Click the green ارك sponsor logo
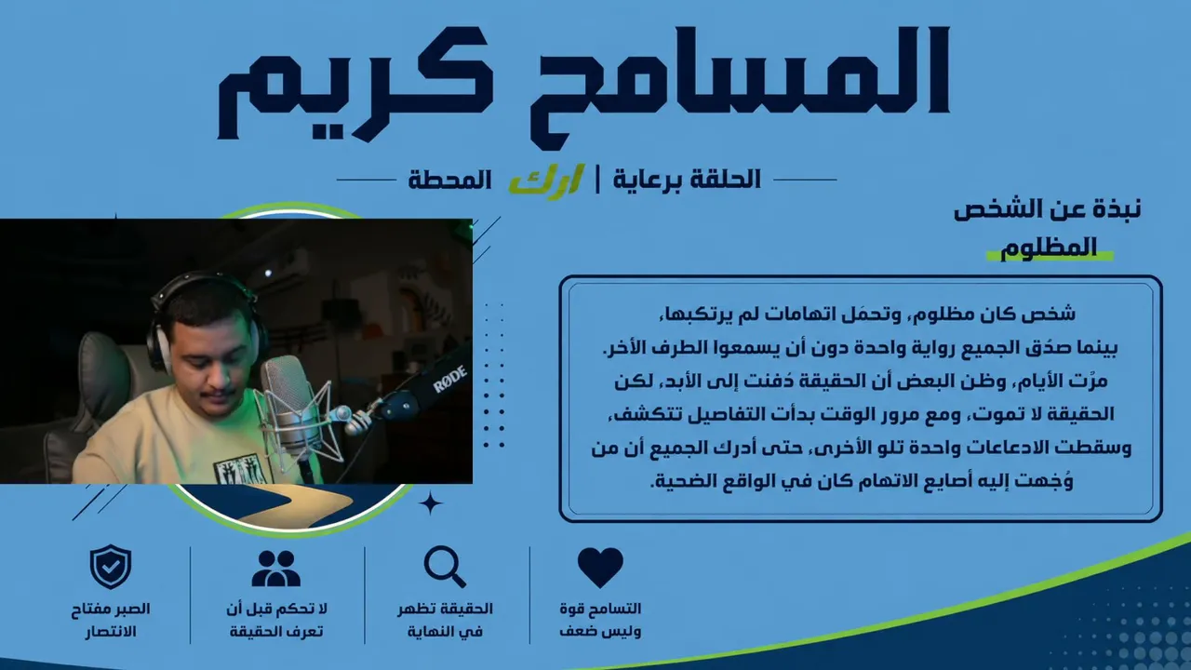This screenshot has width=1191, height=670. (x=546, y=181)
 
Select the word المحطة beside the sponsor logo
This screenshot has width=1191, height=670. (x=449, y=180)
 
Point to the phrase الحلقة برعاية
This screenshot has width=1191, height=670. (x=687, y=180)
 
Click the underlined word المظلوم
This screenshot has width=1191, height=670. (x=1049, y=248)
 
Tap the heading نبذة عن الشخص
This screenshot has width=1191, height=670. (x=1047, y=209)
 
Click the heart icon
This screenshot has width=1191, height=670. (x=600, y=568)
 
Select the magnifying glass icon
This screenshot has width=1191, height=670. (x=445, y=567)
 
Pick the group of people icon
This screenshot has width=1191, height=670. (x=276, y=568)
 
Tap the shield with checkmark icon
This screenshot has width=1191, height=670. (x=111, y=567)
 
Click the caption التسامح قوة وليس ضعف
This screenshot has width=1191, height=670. (x=600, y=620)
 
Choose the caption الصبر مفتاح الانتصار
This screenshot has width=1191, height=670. (x=111, y=620)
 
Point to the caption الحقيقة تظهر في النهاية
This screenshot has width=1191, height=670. (x=445, y=620)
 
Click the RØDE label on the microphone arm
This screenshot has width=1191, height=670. (x=449, y=378)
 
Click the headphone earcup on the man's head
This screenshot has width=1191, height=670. (x=159, y=345)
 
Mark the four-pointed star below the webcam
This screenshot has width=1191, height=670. (x=430, y=503)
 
